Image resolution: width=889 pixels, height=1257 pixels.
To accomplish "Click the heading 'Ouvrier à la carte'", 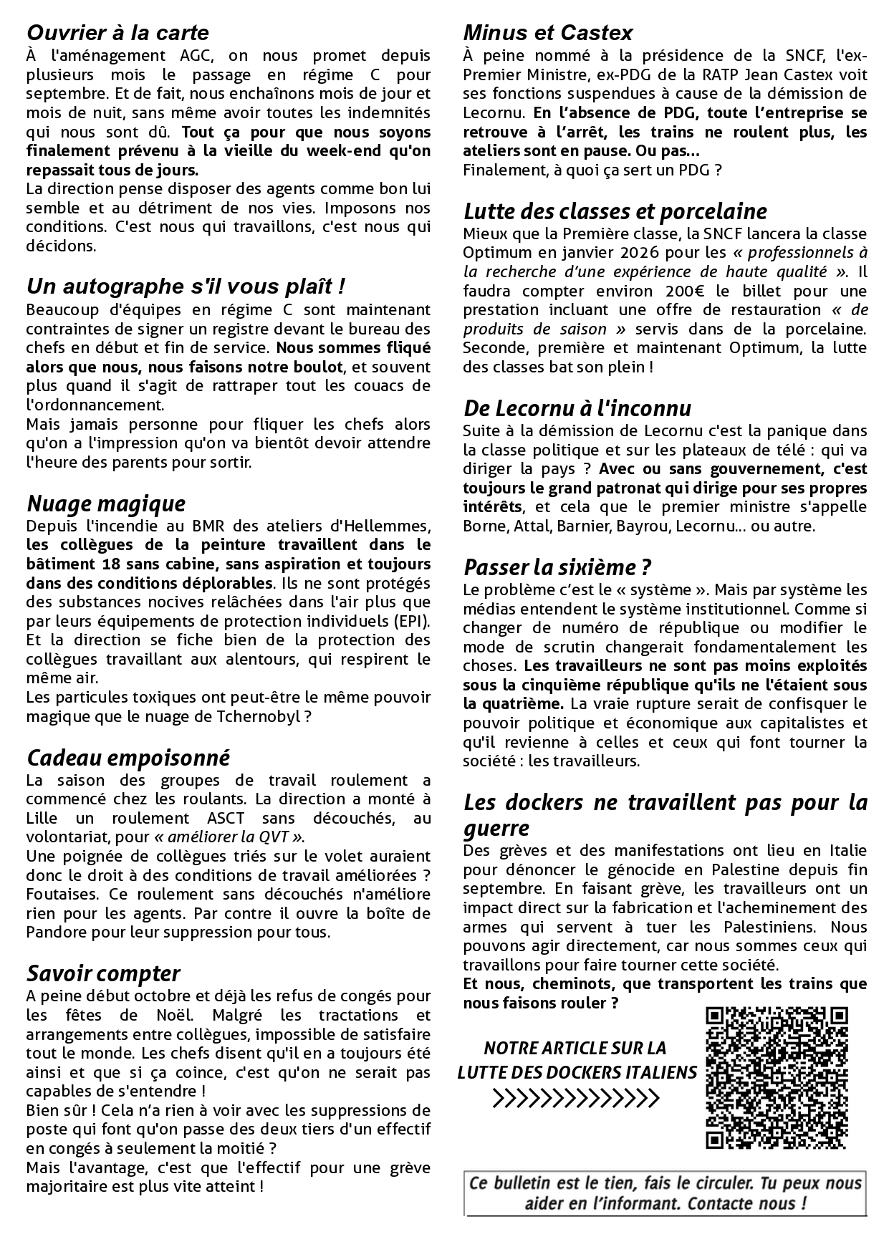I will point(117,33).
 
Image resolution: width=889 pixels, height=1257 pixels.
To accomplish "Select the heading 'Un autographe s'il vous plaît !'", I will point(186,286).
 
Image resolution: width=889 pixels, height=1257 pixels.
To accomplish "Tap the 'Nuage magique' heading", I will point(106,504).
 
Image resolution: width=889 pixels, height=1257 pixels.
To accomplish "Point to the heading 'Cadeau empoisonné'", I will point(128,758).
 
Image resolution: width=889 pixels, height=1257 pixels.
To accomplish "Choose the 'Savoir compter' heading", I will point(103,973).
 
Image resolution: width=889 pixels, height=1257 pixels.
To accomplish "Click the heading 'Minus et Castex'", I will point(548,33).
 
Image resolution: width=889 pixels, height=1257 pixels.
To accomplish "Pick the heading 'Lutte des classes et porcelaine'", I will point(615,211).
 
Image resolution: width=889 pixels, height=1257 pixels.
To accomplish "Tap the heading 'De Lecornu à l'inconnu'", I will point(577,408).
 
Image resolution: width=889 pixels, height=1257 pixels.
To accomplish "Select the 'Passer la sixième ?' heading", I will point(557,567).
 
